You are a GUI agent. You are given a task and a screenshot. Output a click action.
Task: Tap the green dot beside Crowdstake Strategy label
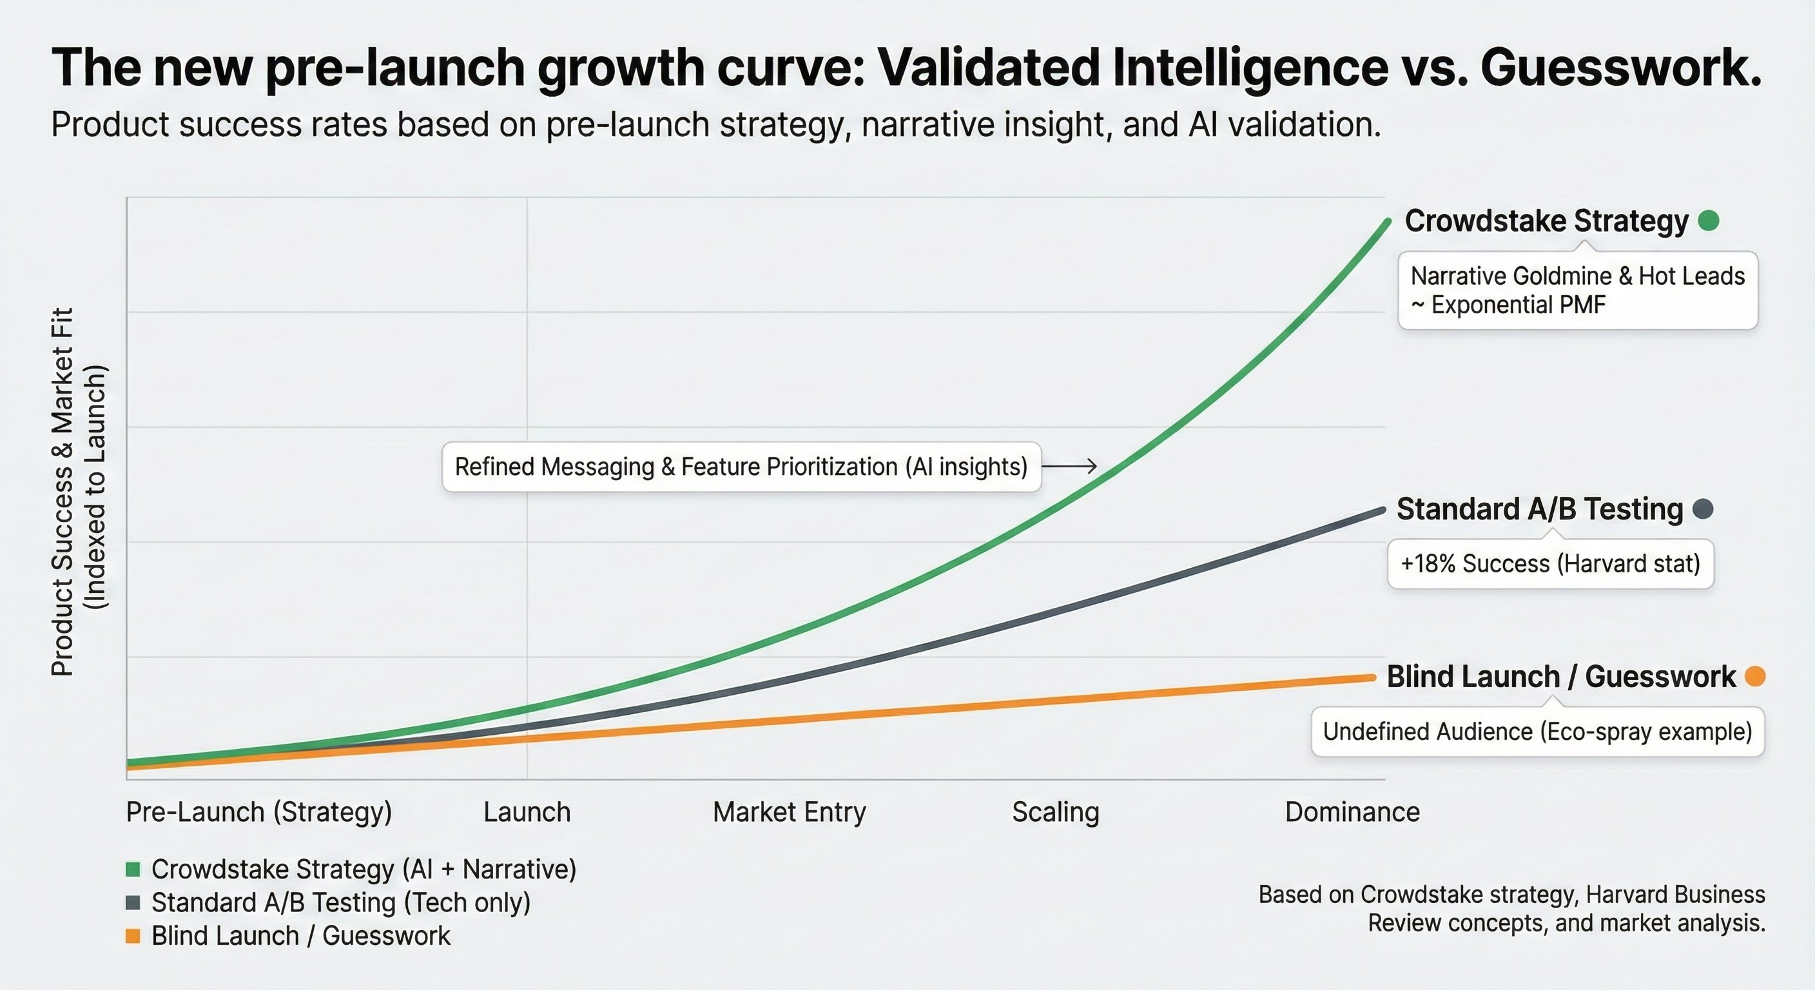(1709, 221)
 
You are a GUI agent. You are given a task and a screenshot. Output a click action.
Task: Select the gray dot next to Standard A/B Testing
(1703, 509)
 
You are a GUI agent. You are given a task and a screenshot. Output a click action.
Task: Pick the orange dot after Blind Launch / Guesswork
(1755, 677)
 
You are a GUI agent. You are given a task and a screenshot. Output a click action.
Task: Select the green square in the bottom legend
(133, 869)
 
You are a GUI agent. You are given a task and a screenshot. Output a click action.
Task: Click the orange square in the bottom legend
(133, 936)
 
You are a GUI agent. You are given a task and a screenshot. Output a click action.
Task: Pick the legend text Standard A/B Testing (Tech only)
(341, 902)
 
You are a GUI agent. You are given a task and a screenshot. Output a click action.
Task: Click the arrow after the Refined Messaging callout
(1069, 466)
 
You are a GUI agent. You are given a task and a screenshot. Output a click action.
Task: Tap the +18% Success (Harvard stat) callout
(1550, 564)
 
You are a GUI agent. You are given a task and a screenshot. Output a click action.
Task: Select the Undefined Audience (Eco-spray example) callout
(1537, 732)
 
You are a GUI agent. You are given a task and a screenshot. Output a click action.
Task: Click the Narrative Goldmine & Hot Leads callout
(1578, 290)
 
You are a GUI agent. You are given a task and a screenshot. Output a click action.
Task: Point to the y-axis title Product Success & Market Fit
(63, 492)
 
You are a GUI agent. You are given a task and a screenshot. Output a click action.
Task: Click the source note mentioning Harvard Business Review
(1512, 909)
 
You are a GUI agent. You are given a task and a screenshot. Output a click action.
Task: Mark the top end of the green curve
(1387, 222)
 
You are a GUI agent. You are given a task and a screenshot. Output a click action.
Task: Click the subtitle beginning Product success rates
(716, 125)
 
